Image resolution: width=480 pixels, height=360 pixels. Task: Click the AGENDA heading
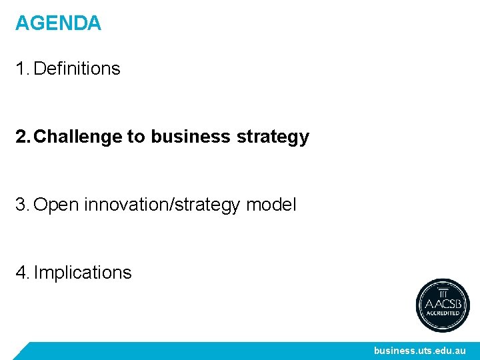click(x=58, y=23)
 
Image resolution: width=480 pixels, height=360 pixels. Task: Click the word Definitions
click(x=77, y=69)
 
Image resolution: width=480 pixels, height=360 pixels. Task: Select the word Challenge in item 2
click(x=78, y=137)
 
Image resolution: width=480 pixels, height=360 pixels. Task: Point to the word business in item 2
click(x=191, y=137)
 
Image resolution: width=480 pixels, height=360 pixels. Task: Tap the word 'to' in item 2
click(x=136, y=137)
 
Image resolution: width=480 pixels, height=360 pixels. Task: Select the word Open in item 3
click(x=56, y=205)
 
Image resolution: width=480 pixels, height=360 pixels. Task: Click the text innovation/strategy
click(x=162, y=205)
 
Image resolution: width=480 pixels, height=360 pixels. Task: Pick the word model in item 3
click(x=271, y=205)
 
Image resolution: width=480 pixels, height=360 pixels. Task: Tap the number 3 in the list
click(x=21, y=205)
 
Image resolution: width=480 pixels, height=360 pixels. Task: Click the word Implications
click(x=83, y=273)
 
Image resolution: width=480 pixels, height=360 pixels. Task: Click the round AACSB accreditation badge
click(x=443, y=305)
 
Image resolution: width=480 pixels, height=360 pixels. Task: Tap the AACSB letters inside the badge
click(x=443, y=303)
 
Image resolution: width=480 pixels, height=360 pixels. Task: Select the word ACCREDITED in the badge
click(x=443, y=313)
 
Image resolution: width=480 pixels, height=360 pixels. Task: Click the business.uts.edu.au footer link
click(x=419, y=351)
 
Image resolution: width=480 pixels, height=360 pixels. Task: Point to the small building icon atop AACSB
click(x=443, y=292)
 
